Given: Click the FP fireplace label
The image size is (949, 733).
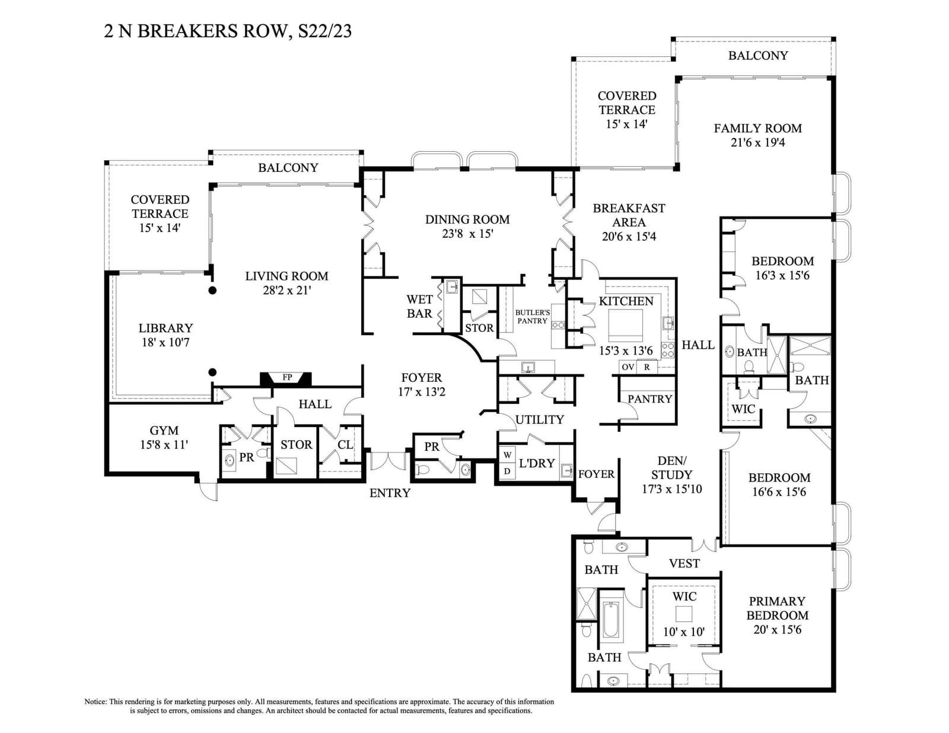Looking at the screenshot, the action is pyautogui.click(x=287, y=377).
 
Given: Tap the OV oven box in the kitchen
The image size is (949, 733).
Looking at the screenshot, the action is pyautogui.click(x=628, y=366).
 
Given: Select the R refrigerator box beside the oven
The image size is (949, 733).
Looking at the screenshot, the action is pyautogui.click(x=647, y=366).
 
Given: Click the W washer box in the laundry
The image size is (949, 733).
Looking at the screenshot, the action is pyautogui.click(x=507, y=455).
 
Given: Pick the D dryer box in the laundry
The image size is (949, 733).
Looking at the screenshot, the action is pyautogui.click(x=507, y=471).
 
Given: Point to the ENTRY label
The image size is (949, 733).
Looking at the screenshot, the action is pyautogui.click(x=390, y=493).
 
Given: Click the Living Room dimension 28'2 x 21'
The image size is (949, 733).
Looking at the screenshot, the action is pyautogui.click(x=286, y=291).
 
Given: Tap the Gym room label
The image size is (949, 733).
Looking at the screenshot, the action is pyautogui.click(x=164, y=431).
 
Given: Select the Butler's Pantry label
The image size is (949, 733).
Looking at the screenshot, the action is pyautogui.click(x=533, y=317).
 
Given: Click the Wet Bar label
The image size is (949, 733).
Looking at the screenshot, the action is pyautogui.click(x=419, y=307).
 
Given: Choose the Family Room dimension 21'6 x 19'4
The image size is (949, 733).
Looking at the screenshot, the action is pyautogui.click(x=757, y=142).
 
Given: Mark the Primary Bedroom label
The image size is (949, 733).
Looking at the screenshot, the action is pyautogui.click(x=778, y=608).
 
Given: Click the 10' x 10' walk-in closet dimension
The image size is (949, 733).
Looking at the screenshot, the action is pyautogui.click(x=684, y=632).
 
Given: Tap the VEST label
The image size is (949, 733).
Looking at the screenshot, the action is pyautogui.click(x=684, y=563).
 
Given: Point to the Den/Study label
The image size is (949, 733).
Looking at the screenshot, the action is pyautogui.click(x=671, y=467).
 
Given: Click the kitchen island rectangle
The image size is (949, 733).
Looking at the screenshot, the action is pyautogui.click(x=626, y=326).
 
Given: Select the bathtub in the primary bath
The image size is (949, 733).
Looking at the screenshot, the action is pyautogui.click(x=610, y=620).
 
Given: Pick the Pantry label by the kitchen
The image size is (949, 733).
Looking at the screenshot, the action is pyautogui.click(x=650, y=399).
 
